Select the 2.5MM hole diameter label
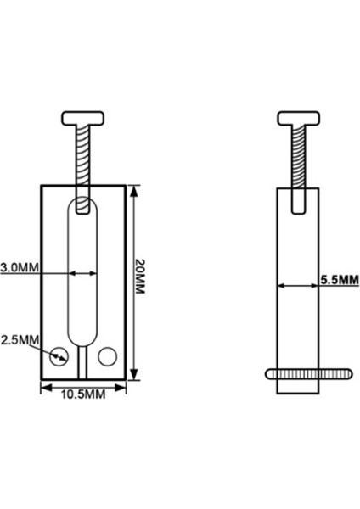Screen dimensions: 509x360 [19, 339]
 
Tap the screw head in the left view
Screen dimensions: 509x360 [82, 117]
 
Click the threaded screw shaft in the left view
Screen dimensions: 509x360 [82, 157]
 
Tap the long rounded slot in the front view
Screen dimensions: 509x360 [82, 271]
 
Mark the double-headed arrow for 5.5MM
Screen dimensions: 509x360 [297, 285]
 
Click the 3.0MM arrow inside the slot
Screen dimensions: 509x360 [82, 273]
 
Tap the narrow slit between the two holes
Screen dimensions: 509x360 [82, 361]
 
